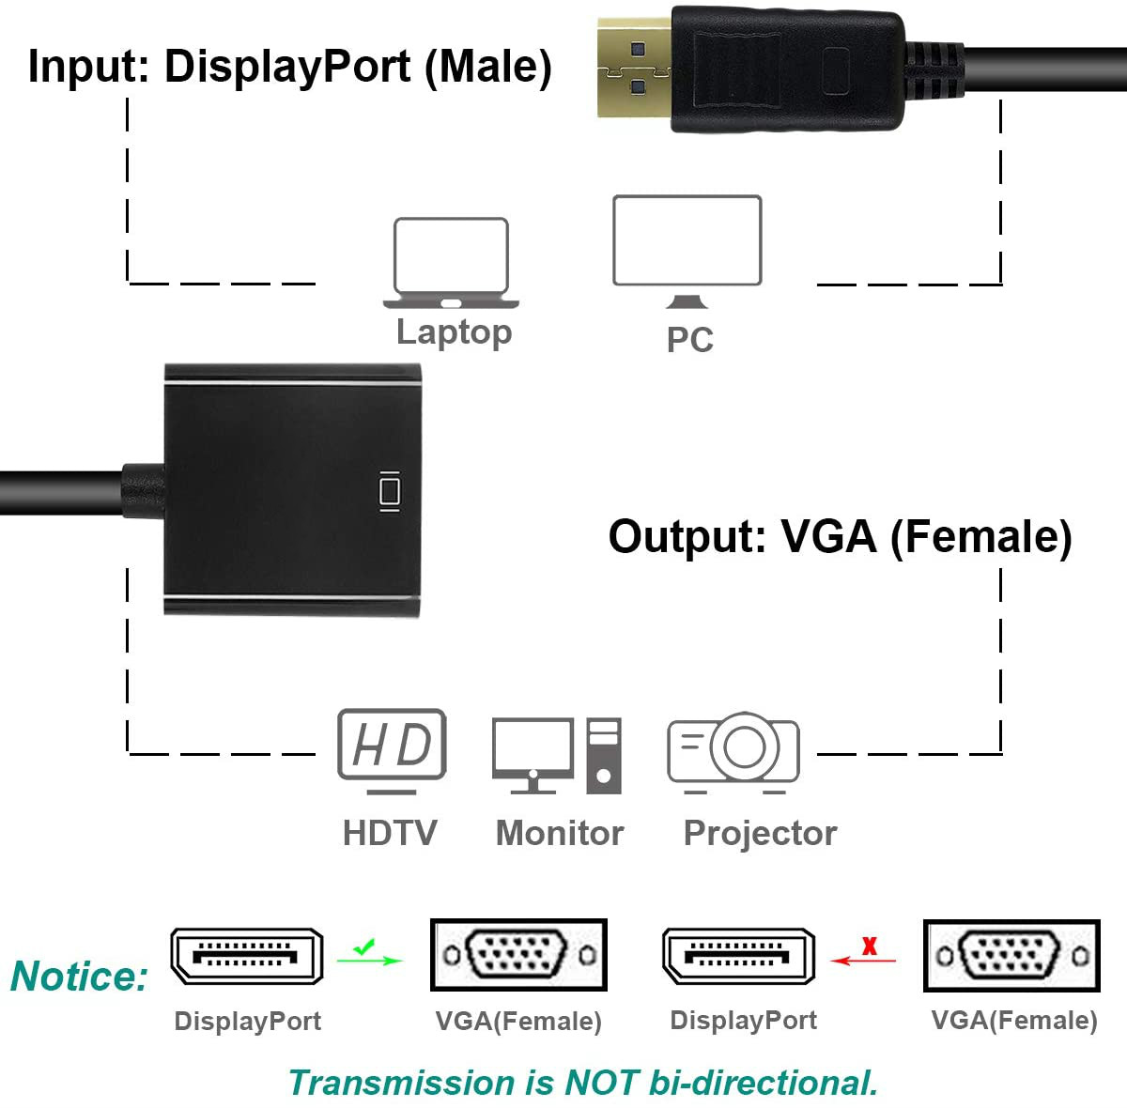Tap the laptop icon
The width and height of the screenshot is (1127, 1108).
point(451,263)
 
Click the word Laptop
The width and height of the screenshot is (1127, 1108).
point(454,331)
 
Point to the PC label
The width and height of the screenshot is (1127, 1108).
point(689,339)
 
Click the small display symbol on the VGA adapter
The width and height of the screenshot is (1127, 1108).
point(388,491)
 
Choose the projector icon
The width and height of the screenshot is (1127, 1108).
point(733,752)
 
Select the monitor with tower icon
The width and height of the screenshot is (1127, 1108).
point(557,755)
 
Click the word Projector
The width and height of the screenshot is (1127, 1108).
point(760,833)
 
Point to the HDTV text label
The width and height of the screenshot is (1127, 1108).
point(390,833)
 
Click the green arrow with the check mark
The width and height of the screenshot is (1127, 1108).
point(369,953)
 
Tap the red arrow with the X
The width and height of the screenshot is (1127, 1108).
point(864,953)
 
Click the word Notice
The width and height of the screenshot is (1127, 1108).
point(79,977)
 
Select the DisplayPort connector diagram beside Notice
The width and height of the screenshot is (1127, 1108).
point(247,956)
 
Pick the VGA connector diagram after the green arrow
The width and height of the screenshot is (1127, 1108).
point(518,956)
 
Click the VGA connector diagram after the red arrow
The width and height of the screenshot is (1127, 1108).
point(1011,956)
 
